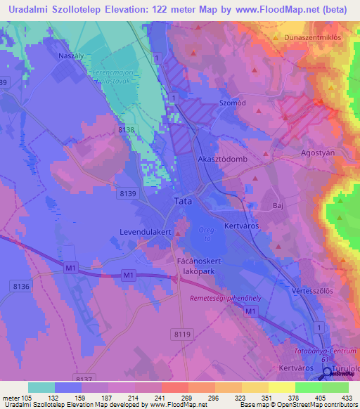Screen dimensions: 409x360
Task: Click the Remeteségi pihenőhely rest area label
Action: (x=226, y=299)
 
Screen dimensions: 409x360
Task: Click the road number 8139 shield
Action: (x=127, y=193)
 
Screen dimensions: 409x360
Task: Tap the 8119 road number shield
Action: (x=162, y=335)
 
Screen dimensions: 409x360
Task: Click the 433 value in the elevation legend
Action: (x=347, y=397)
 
